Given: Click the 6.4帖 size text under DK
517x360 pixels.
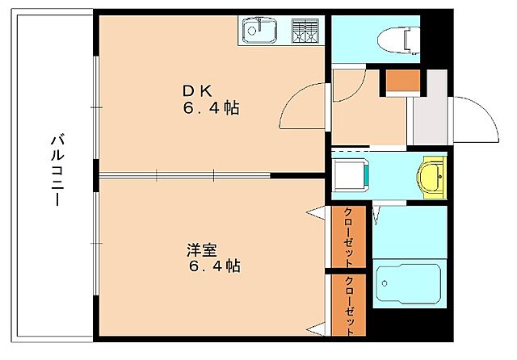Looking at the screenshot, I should point(208,109).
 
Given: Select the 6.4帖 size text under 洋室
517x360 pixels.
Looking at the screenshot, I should point(214,266).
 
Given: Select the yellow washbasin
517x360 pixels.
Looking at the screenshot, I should point(434,176).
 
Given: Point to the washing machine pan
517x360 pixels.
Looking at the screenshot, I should point(352,174).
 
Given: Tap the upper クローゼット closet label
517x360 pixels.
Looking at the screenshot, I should point(348,237).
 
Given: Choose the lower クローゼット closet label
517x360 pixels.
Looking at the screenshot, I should point(349,306).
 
